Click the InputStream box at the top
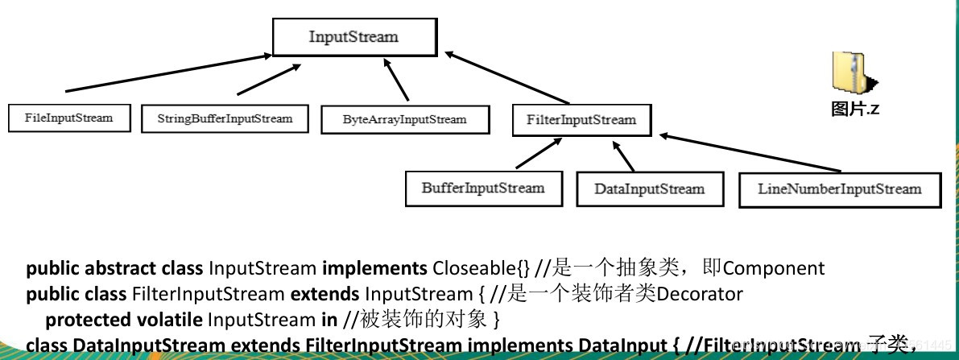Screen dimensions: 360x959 tap(353, 37)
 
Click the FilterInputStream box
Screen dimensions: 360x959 tap(581, 120)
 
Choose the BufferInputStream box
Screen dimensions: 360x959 tap(482, 188)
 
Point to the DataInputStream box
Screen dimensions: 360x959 tap(649, 189)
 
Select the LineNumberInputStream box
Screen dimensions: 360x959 tap(839, 189)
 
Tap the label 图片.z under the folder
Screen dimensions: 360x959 tap(855, 110)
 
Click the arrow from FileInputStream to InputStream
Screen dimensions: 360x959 tap(169, 72)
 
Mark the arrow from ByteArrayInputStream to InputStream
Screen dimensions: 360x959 tap(397, 84)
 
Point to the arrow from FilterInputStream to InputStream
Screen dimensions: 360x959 tap(507, 79)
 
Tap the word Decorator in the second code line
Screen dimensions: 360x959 tap(700, 294)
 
